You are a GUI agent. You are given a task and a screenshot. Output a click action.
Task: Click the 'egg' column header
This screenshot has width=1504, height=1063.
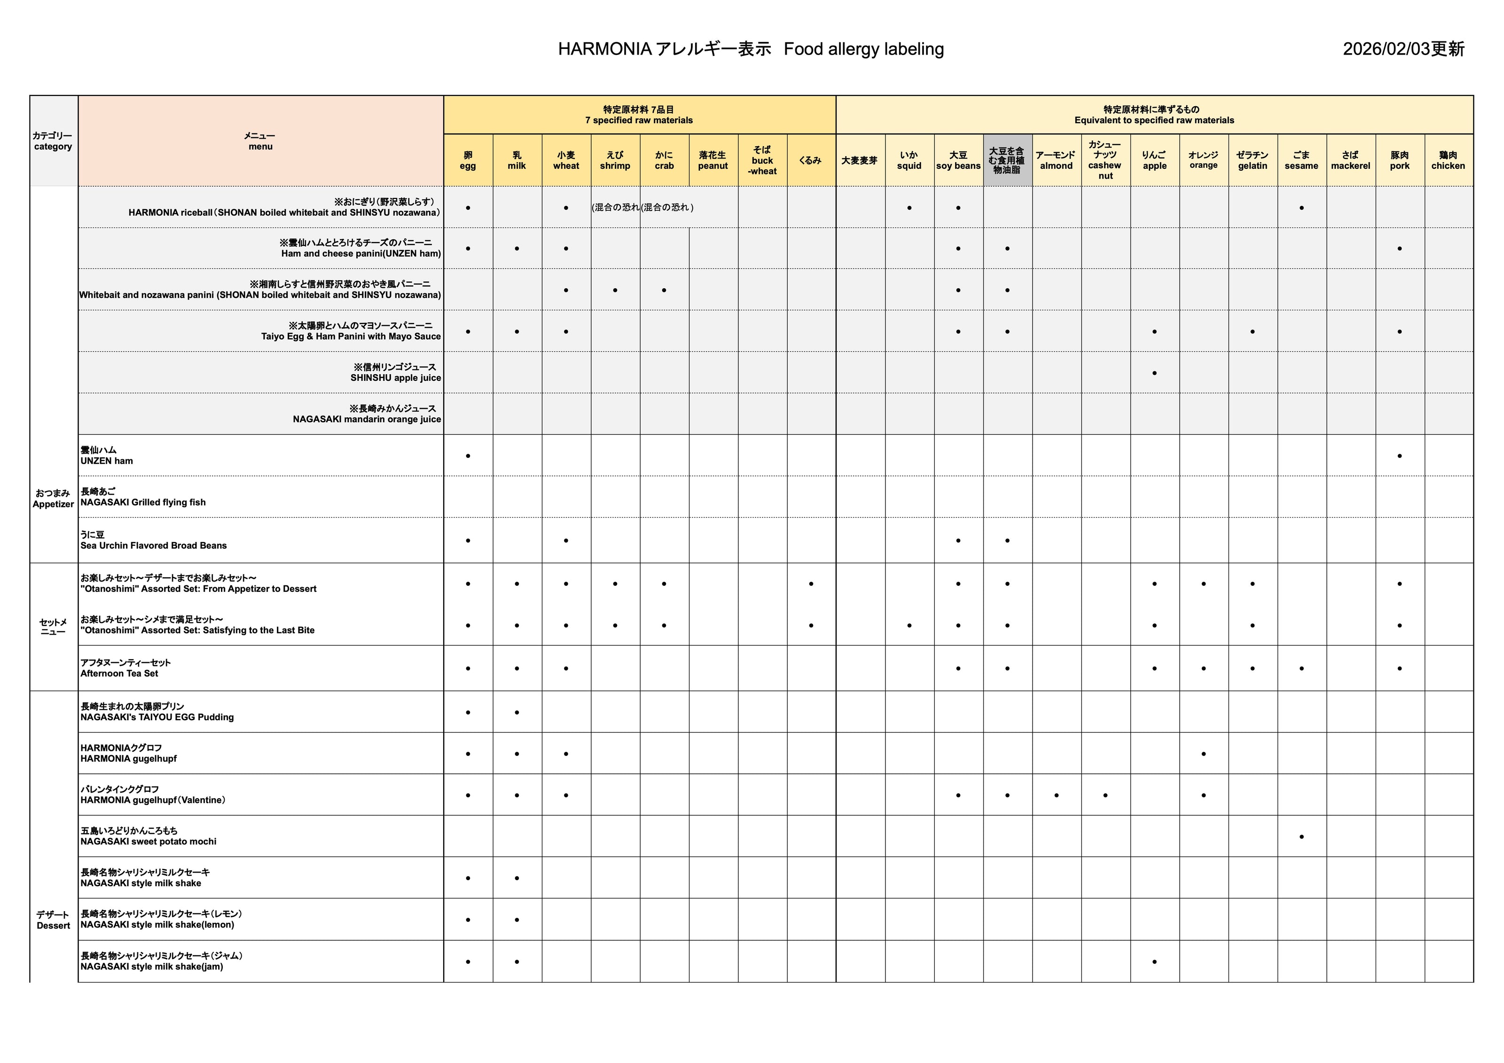pos(468,161)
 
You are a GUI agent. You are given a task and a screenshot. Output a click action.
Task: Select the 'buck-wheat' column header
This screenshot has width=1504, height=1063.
pos(762,161)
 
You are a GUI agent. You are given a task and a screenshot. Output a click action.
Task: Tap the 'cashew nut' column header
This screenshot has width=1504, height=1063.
pos(1105,161)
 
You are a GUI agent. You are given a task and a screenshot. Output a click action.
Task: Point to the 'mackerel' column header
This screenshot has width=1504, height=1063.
pos(1350,161)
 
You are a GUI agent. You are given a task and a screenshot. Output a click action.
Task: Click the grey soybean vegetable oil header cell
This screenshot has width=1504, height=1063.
pos(1007,161)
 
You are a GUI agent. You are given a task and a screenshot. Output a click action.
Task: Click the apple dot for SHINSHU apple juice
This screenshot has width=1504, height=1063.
pos(1154,373)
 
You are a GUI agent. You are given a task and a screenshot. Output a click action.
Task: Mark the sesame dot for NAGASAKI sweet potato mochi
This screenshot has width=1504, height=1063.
pos(1301,837)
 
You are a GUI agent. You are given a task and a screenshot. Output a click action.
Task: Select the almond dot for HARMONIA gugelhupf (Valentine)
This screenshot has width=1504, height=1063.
pos(1056,795)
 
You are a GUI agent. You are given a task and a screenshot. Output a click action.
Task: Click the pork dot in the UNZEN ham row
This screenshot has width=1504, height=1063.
pos(1399,456)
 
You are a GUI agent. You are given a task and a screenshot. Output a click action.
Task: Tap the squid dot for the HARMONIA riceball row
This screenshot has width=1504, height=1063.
pos(909,208)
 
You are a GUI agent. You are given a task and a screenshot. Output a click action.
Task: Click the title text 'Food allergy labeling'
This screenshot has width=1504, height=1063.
pos(863,49)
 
